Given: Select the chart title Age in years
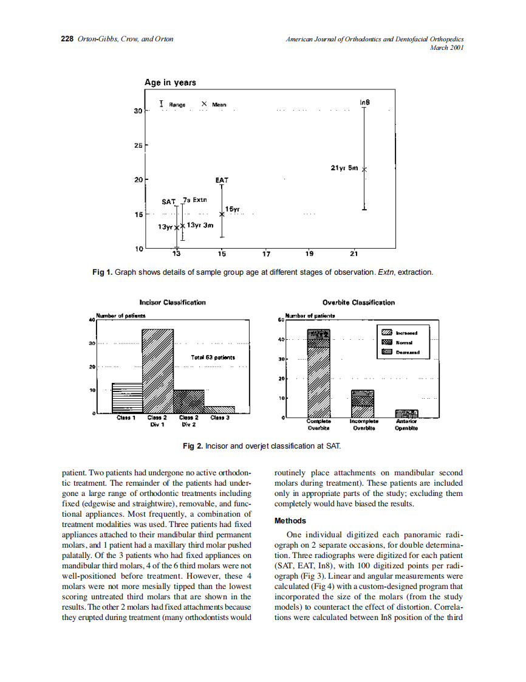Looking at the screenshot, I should [170, 83].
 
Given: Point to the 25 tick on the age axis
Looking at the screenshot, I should [138, 145].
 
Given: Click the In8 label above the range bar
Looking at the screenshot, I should [364, 102].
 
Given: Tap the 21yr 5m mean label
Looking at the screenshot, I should [344, 168].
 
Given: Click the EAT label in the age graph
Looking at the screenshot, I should [222, 180].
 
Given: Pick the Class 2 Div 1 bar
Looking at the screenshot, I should [158, 371].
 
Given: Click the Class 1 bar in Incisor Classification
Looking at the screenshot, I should [126, 398].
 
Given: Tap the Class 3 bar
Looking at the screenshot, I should [219, 409].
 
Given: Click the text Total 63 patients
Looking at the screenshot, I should [213, 358].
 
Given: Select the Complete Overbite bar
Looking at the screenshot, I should [318, 374].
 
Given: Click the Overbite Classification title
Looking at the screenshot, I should [358, 303].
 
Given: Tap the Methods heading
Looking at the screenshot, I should [290, 521].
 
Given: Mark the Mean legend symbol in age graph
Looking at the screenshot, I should [204, 104].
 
